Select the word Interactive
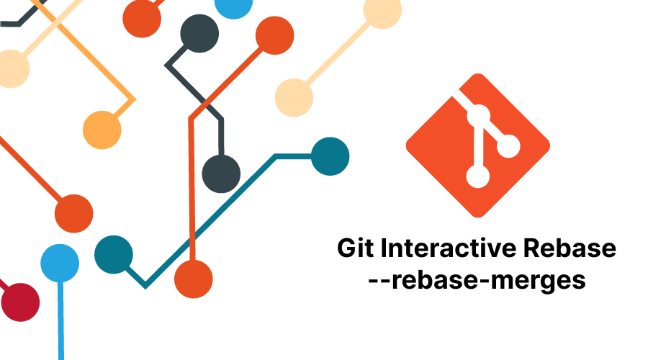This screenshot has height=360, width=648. tap(449, 248)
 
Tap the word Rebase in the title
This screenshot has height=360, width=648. tap(570, 248)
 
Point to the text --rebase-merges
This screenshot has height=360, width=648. tap(477, 281)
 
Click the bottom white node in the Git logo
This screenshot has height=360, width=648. tap(478, 176)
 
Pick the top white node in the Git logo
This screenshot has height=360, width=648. tap(479, 116)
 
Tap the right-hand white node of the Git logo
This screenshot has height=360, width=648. tap(508, 146)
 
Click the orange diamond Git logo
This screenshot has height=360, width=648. tap(478, 145)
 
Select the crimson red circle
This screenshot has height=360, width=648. tap(20, 302)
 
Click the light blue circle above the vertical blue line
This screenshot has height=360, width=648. tap(60, 264)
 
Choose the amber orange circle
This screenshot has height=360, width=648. tap(102, 130)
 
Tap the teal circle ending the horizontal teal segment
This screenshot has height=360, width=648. tap(330, 156)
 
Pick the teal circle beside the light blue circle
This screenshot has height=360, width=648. tap(114, 255)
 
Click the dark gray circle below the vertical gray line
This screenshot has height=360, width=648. tap(221, 174)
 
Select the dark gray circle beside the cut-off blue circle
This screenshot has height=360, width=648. tap(199, 33)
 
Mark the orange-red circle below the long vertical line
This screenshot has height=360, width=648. tap(194, 279)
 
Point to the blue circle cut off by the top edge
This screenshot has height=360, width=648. tap(233, 6)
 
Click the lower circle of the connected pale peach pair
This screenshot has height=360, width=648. tap(294, 98)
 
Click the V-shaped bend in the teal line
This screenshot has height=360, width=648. tap(145, 285)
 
